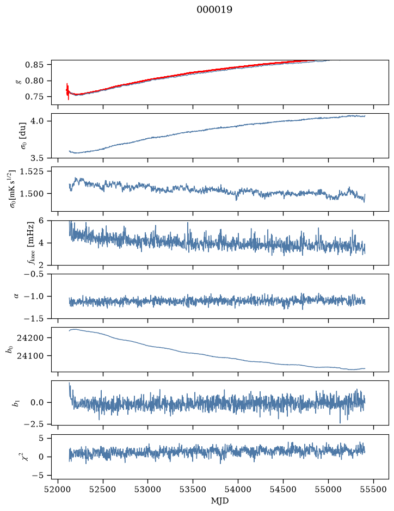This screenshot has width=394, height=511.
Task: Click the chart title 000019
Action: tap(214, 10)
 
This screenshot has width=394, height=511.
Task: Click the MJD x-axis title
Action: tap(220, 501)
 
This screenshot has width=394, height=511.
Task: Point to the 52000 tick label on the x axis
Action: tap(58, 489)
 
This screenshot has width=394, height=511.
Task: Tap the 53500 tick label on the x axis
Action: tap(193, 489)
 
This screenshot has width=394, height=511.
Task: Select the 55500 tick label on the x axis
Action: tap(373, 489)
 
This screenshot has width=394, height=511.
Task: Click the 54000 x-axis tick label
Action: tap(238, 489)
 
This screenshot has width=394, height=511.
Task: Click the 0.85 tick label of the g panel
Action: tap(34, 65)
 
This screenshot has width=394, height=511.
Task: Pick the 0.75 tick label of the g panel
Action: tap(34, 97)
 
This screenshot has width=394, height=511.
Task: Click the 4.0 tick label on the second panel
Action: tap(37, 121)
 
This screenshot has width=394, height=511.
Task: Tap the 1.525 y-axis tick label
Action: tap(32, 171)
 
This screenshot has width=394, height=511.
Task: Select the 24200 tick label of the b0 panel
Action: tap(30, 337)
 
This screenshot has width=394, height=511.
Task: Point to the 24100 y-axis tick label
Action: tap(30, 355)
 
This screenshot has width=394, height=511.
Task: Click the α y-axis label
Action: tap(16, 296)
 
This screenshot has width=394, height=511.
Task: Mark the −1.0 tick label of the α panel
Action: tap(34, 296)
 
